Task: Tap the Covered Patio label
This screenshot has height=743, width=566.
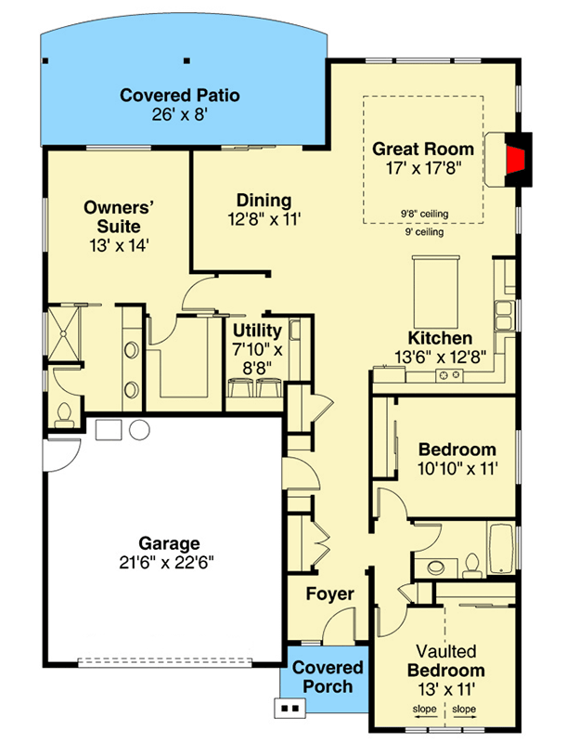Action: (179, 95)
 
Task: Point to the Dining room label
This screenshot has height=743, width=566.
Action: (264, 200)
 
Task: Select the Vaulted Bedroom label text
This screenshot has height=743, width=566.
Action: (445, 660)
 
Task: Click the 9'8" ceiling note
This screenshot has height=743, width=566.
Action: (425, 214)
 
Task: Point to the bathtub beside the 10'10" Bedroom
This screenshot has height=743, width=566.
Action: (502, 551)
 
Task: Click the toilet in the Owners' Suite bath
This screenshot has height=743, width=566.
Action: (65, 414)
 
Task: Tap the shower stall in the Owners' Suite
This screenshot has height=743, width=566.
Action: (66, 332)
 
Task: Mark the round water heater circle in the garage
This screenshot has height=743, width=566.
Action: (139, 430)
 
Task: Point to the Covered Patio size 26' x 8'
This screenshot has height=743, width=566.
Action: (179, 115)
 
